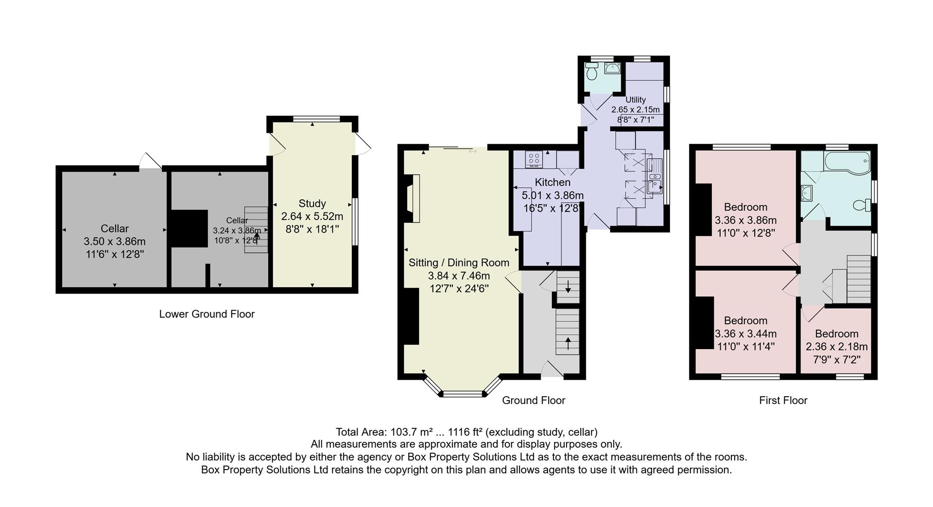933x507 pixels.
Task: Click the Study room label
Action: pyautogui.click(x=312, y=204)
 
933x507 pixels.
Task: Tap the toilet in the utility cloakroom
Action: pyautogui.click(x=592, y=72)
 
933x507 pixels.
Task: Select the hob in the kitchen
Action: pyautogui.click(x=534, y=158)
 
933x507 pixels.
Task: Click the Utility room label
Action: pyautogui.click(x=635, y=100)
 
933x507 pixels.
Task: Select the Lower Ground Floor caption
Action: pyautogui.click(x=207, y=314)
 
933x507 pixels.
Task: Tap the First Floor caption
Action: pyautogui.click(x=783, y=401)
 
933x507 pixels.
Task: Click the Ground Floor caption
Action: pyautogui.click(x=533, y=401)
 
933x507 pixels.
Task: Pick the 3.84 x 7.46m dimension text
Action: pyautogui.click(x=459, y=276)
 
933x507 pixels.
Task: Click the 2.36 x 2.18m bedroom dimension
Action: pyautogui.click(x=836, y=347)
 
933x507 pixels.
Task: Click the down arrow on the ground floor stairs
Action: pyautogui.click(x=568, y=286)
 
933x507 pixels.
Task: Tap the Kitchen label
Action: pyautogui.click(x=553, y=182)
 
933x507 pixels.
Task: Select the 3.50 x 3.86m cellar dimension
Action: pyautogui.click(x=115, y=241)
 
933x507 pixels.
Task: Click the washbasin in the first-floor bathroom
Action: pyautogui.click(x=807, y=193)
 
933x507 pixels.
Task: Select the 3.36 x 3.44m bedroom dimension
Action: pyautogui.click(x=745, y=333)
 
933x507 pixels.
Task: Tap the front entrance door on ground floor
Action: pyautogui.click(x=552, y=370)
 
